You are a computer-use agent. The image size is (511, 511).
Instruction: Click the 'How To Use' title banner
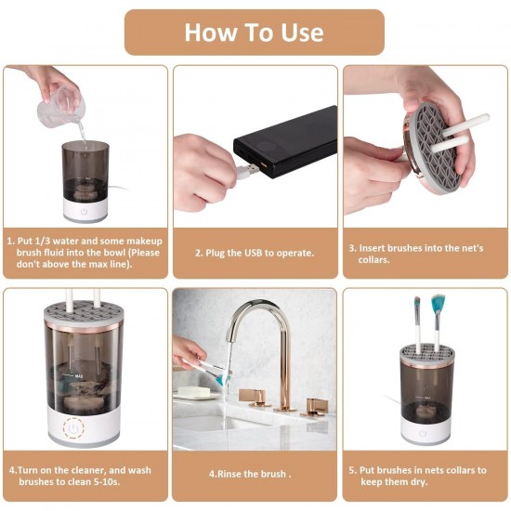254,33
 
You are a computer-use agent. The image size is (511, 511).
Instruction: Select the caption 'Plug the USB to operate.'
255,253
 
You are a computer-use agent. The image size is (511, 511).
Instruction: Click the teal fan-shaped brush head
438,305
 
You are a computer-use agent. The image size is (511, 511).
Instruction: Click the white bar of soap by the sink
193,392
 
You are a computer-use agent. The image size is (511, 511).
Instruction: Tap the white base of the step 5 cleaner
425,428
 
